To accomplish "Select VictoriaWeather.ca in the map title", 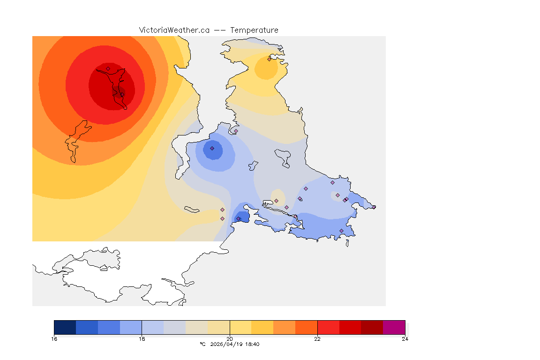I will pyautogui.click(x=174, y=30).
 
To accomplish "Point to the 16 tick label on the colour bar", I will pyautogui.click(x=54, y=339).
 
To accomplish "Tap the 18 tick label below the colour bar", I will pyautogui.click(x=142, y=339).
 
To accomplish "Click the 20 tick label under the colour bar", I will pyautogui.click(x=230, y=339).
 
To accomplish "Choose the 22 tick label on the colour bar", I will pyautogui.click(x=317, y=339).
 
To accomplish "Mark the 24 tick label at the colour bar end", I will pyautogui.click(x=405, y=339).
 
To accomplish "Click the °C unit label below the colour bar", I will pyautogui.click(x=202, y=344).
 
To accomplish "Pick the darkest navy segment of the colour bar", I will pyautogui.click(x=65, y=327).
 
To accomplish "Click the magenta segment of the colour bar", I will pyautogui.click(x=394, y=327).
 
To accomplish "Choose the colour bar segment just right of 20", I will pyautogui.click(x=240, y=327).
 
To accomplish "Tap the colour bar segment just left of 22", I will pyautogui.click(x=306, y=327).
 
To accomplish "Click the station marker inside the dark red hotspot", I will pyautogui.click(x=108, y=68).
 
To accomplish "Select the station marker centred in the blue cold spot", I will pyautogui.click(x=212, y=148).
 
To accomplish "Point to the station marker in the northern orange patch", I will pyautogui.click(x=269, y=59).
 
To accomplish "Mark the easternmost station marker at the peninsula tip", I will pyautogui.click(x=374, y=207).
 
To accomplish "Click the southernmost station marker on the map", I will pyautogui.click(x=341, y=231).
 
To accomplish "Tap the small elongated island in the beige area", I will pyautogui.click(x=192, y=209).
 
